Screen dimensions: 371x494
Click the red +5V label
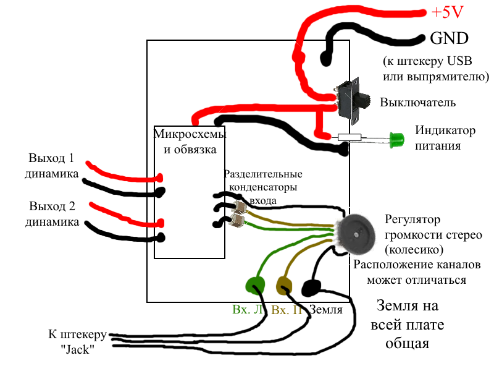[x=447, y=12]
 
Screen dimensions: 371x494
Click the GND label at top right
[x=449, y=38]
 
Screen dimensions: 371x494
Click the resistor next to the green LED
[x=349, y=137]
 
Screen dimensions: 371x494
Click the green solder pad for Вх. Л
[x=255, y=285]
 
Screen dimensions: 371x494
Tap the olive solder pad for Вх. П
[x=284, y=286]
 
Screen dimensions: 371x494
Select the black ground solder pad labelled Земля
[x=311, y=288]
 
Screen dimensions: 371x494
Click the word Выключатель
[x=418, y=102]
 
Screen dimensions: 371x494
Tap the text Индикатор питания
[x=437, y=139]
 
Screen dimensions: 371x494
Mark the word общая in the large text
[x=407, y=342]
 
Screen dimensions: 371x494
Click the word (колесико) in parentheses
[x=412, y=250]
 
